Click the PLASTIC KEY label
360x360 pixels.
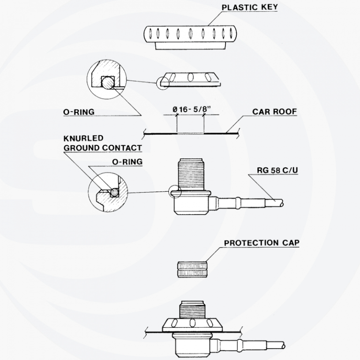click(x=249, y=7)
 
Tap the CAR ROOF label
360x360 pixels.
click(x=274, y=112)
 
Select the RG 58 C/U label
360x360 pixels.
click(x=277, y=170)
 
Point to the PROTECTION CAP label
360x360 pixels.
click(x=262, y=243)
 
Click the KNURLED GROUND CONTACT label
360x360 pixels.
click(x=103, y=143)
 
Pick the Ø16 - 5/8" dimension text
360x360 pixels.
click(x=191, y=109)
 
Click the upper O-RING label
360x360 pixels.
click(x=79, y=112)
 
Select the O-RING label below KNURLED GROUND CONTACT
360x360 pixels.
click(x=127, y=162)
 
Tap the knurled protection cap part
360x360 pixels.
click(x=192, y=270)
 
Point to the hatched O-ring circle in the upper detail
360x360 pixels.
click(x=108, y=82)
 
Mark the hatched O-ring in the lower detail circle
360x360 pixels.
click(x=114, y=192)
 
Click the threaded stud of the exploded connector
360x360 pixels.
click(x=191, y=174)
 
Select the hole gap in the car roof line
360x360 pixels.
click(x=190, y=133)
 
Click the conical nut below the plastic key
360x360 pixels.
click(x=190, y=79)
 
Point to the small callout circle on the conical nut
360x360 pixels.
click(x=163, y=83)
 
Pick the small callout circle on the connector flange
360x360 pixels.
click(x=175, y=191)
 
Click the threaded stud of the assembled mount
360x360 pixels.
click(x=192, y=310)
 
